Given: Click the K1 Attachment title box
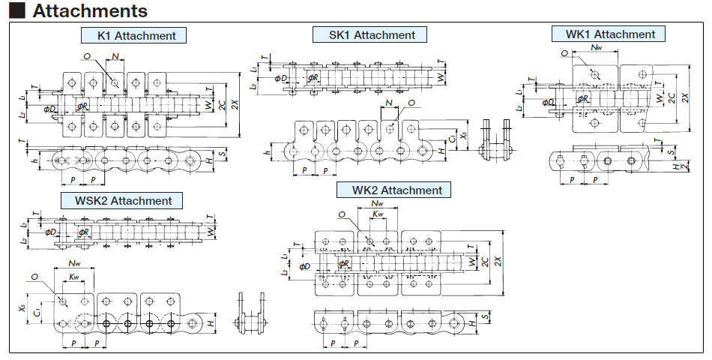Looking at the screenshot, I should (x=133, y=35).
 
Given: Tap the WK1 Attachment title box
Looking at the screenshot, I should (x=608, y=34).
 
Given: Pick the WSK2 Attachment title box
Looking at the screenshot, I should (x=122, y=200).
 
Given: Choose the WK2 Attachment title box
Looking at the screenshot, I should (x=396, y=190).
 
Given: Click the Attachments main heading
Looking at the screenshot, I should (x=90, y=11).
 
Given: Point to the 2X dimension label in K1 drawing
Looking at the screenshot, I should (x=235, y=106).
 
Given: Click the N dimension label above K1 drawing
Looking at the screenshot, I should (x=115, y=56).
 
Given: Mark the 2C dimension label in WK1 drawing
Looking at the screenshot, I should (x=673, y=97).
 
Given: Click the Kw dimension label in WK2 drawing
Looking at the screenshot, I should (x=378, y=214).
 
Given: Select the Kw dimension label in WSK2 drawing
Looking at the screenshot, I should (x=73, y=277).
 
